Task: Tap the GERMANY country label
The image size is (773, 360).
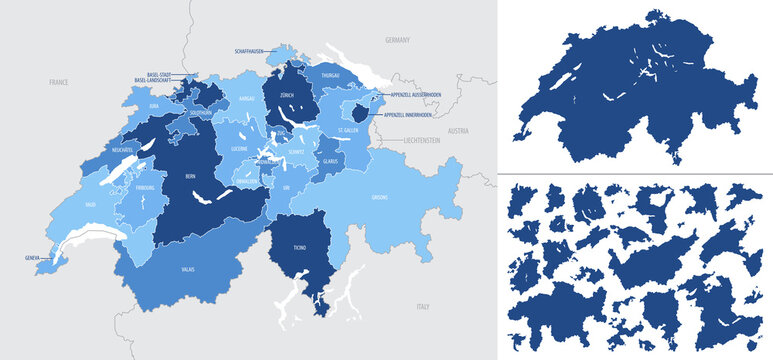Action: coord(397,40)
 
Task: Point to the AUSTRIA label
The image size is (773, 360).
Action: coord(458,131)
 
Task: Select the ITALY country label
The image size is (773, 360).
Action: coord(423,305)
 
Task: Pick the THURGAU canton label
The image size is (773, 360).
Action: coord(332,74)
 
